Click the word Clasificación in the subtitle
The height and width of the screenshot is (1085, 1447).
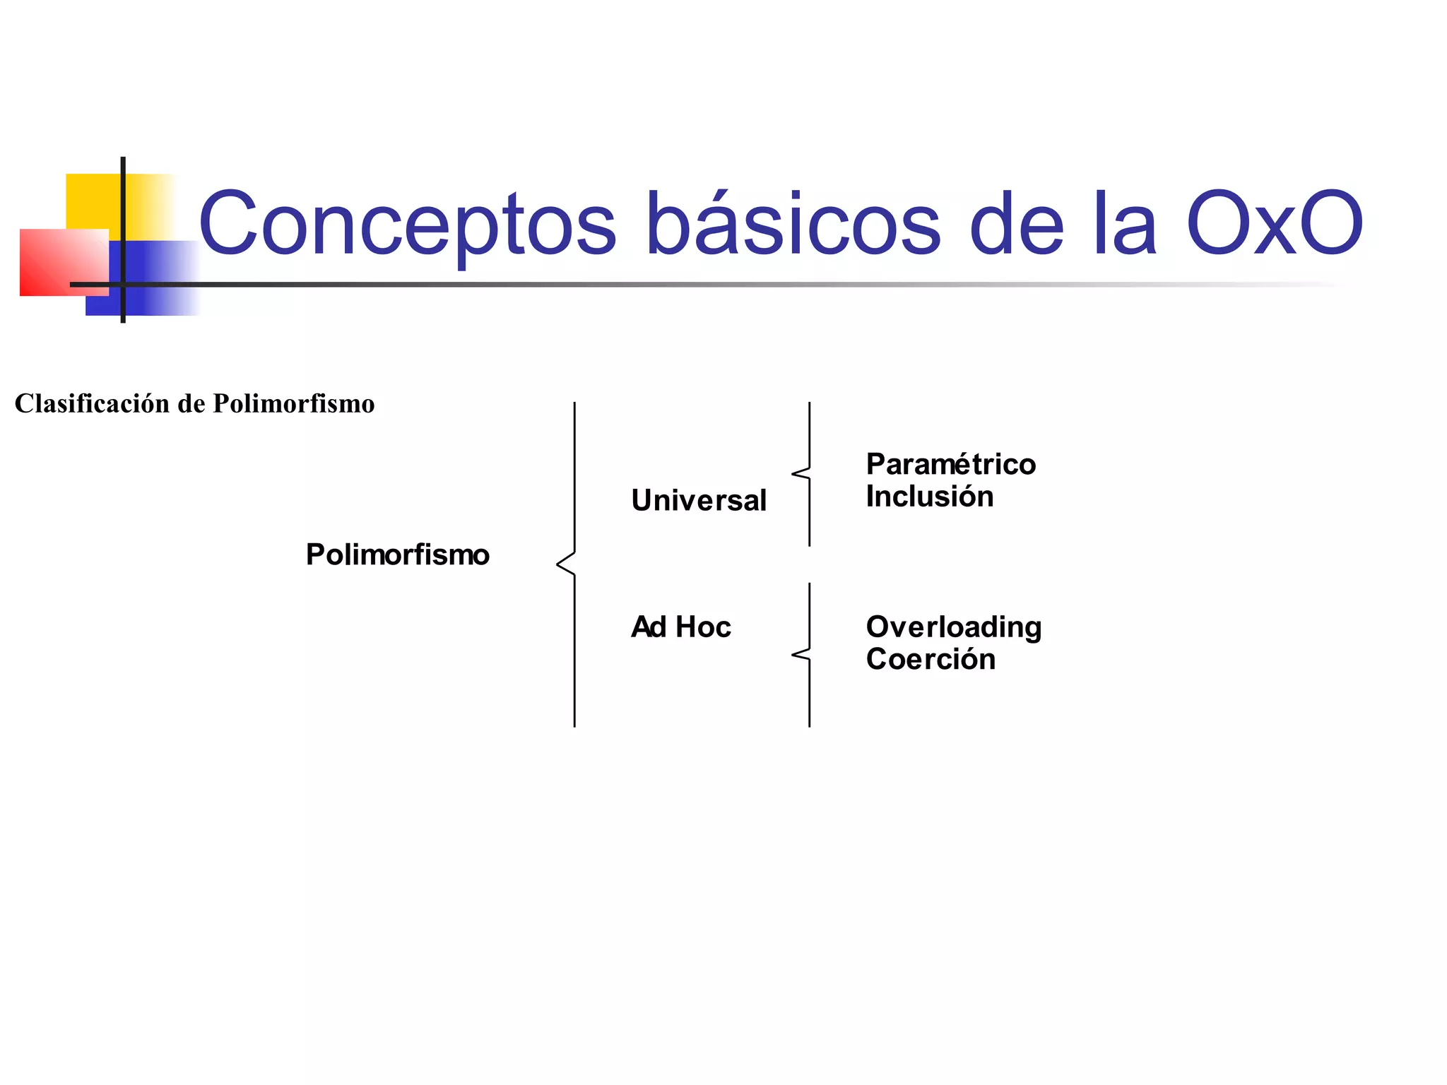coord(93,404)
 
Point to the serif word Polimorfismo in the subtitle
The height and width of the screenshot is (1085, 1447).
coord(294,404)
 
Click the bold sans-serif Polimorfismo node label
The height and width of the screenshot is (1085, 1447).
coord(397,555)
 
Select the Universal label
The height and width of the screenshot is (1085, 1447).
coord(699,500)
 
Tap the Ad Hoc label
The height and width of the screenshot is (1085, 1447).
coord(680,627)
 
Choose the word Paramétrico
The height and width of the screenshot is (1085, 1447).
coord(951,464)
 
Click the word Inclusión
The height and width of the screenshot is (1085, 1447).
coord(930,497)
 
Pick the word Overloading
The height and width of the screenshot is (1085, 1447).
coord(954,627)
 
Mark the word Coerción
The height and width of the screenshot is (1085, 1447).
coord(931,659)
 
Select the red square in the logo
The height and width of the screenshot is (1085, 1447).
coord(53,263)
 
